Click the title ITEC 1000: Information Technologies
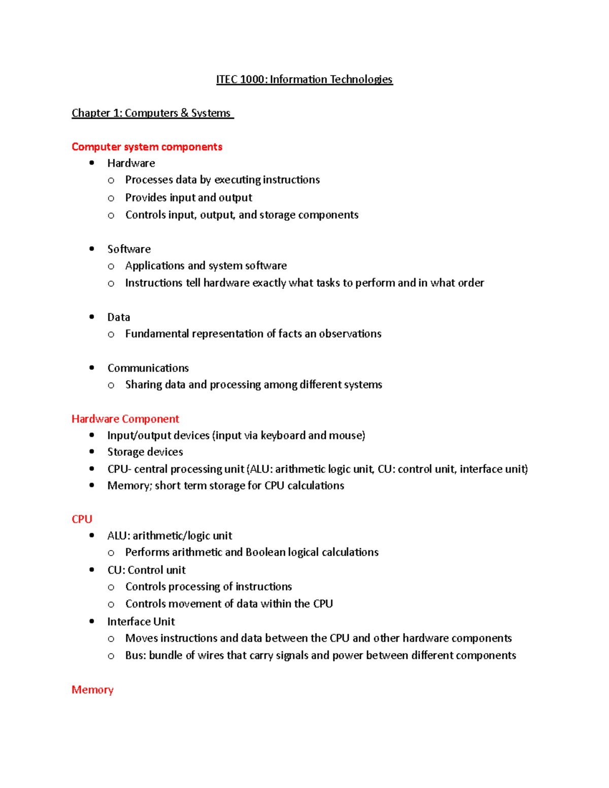click(304, 80)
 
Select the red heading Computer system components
click(147, 147)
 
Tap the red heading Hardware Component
click(125, 419)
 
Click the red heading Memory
click(92, 690)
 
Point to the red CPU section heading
click(82, 519)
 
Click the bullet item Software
click(129, 249)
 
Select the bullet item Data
click(118, 317)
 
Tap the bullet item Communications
click(148, 368)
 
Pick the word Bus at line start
click(135, 655)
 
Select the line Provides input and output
click(188, 197)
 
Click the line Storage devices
click(145, 452)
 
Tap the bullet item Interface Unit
click(141, 622)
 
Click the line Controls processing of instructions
click(208, 587)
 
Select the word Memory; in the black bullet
click(129, 486)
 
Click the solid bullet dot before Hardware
click(92, 163)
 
